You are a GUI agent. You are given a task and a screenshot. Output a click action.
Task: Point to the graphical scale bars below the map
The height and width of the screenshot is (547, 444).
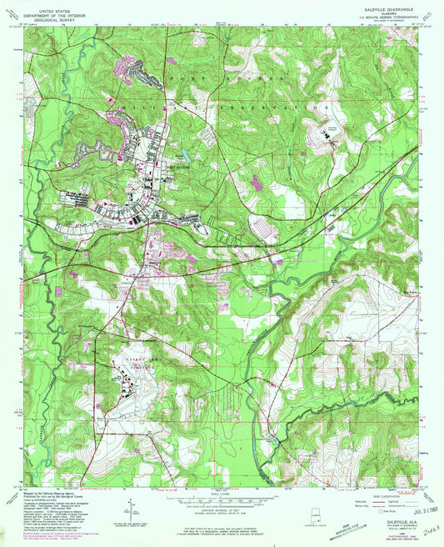point(222,495)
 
